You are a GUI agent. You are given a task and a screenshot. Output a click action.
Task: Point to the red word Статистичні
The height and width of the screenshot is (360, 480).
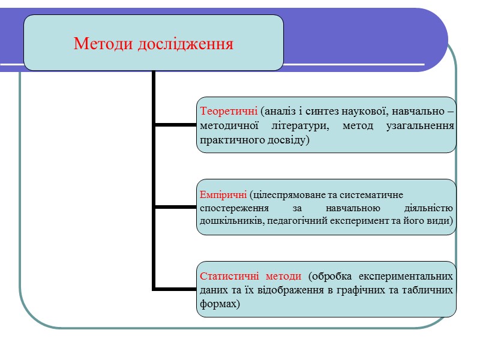pos(227,277)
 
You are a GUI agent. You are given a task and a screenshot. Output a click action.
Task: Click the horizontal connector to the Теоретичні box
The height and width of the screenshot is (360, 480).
pos(176,125)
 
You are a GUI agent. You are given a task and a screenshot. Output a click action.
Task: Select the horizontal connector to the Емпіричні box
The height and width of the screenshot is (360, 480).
pos(176,207)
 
